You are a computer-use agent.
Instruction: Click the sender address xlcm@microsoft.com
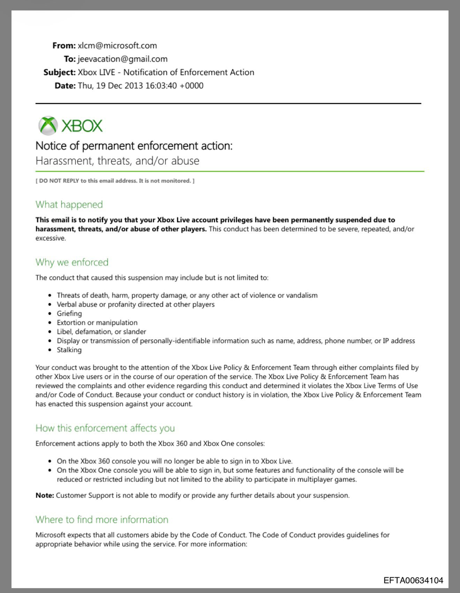(x=117, y=46)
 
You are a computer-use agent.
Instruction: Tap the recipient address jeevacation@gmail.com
(x=122, y=59)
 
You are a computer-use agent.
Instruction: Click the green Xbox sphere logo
(x=48, y=125)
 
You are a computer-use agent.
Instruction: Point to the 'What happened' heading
(x=69, y=205)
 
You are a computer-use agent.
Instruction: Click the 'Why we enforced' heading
(x=72, y=262)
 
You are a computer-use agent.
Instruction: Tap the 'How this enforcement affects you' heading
(x=105, y=428)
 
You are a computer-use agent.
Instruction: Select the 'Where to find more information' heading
(x=102, y=520)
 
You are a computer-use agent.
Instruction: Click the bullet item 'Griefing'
(x=69, y=313)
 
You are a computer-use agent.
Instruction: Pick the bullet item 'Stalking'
(x=69, y=350)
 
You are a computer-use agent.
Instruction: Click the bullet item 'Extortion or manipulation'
(x=97, y=322)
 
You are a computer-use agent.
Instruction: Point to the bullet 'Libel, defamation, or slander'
(x=101, y=331)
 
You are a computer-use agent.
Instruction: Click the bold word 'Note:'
(x=45, y=495)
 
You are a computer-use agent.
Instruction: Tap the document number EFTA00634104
(x=413, y=581)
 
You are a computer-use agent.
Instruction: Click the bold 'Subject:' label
(x=59, y=72)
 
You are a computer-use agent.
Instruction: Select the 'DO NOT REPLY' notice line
(x=115, y=181)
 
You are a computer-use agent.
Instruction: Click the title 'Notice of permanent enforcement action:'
(x=134, y=146)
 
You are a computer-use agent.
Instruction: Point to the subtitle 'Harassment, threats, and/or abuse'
(x=118, y=161)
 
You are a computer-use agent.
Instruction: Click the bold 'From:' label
(x=64, y=46)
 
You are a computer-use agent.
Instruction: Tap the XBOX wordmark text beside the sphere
(x=82, y=126)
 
